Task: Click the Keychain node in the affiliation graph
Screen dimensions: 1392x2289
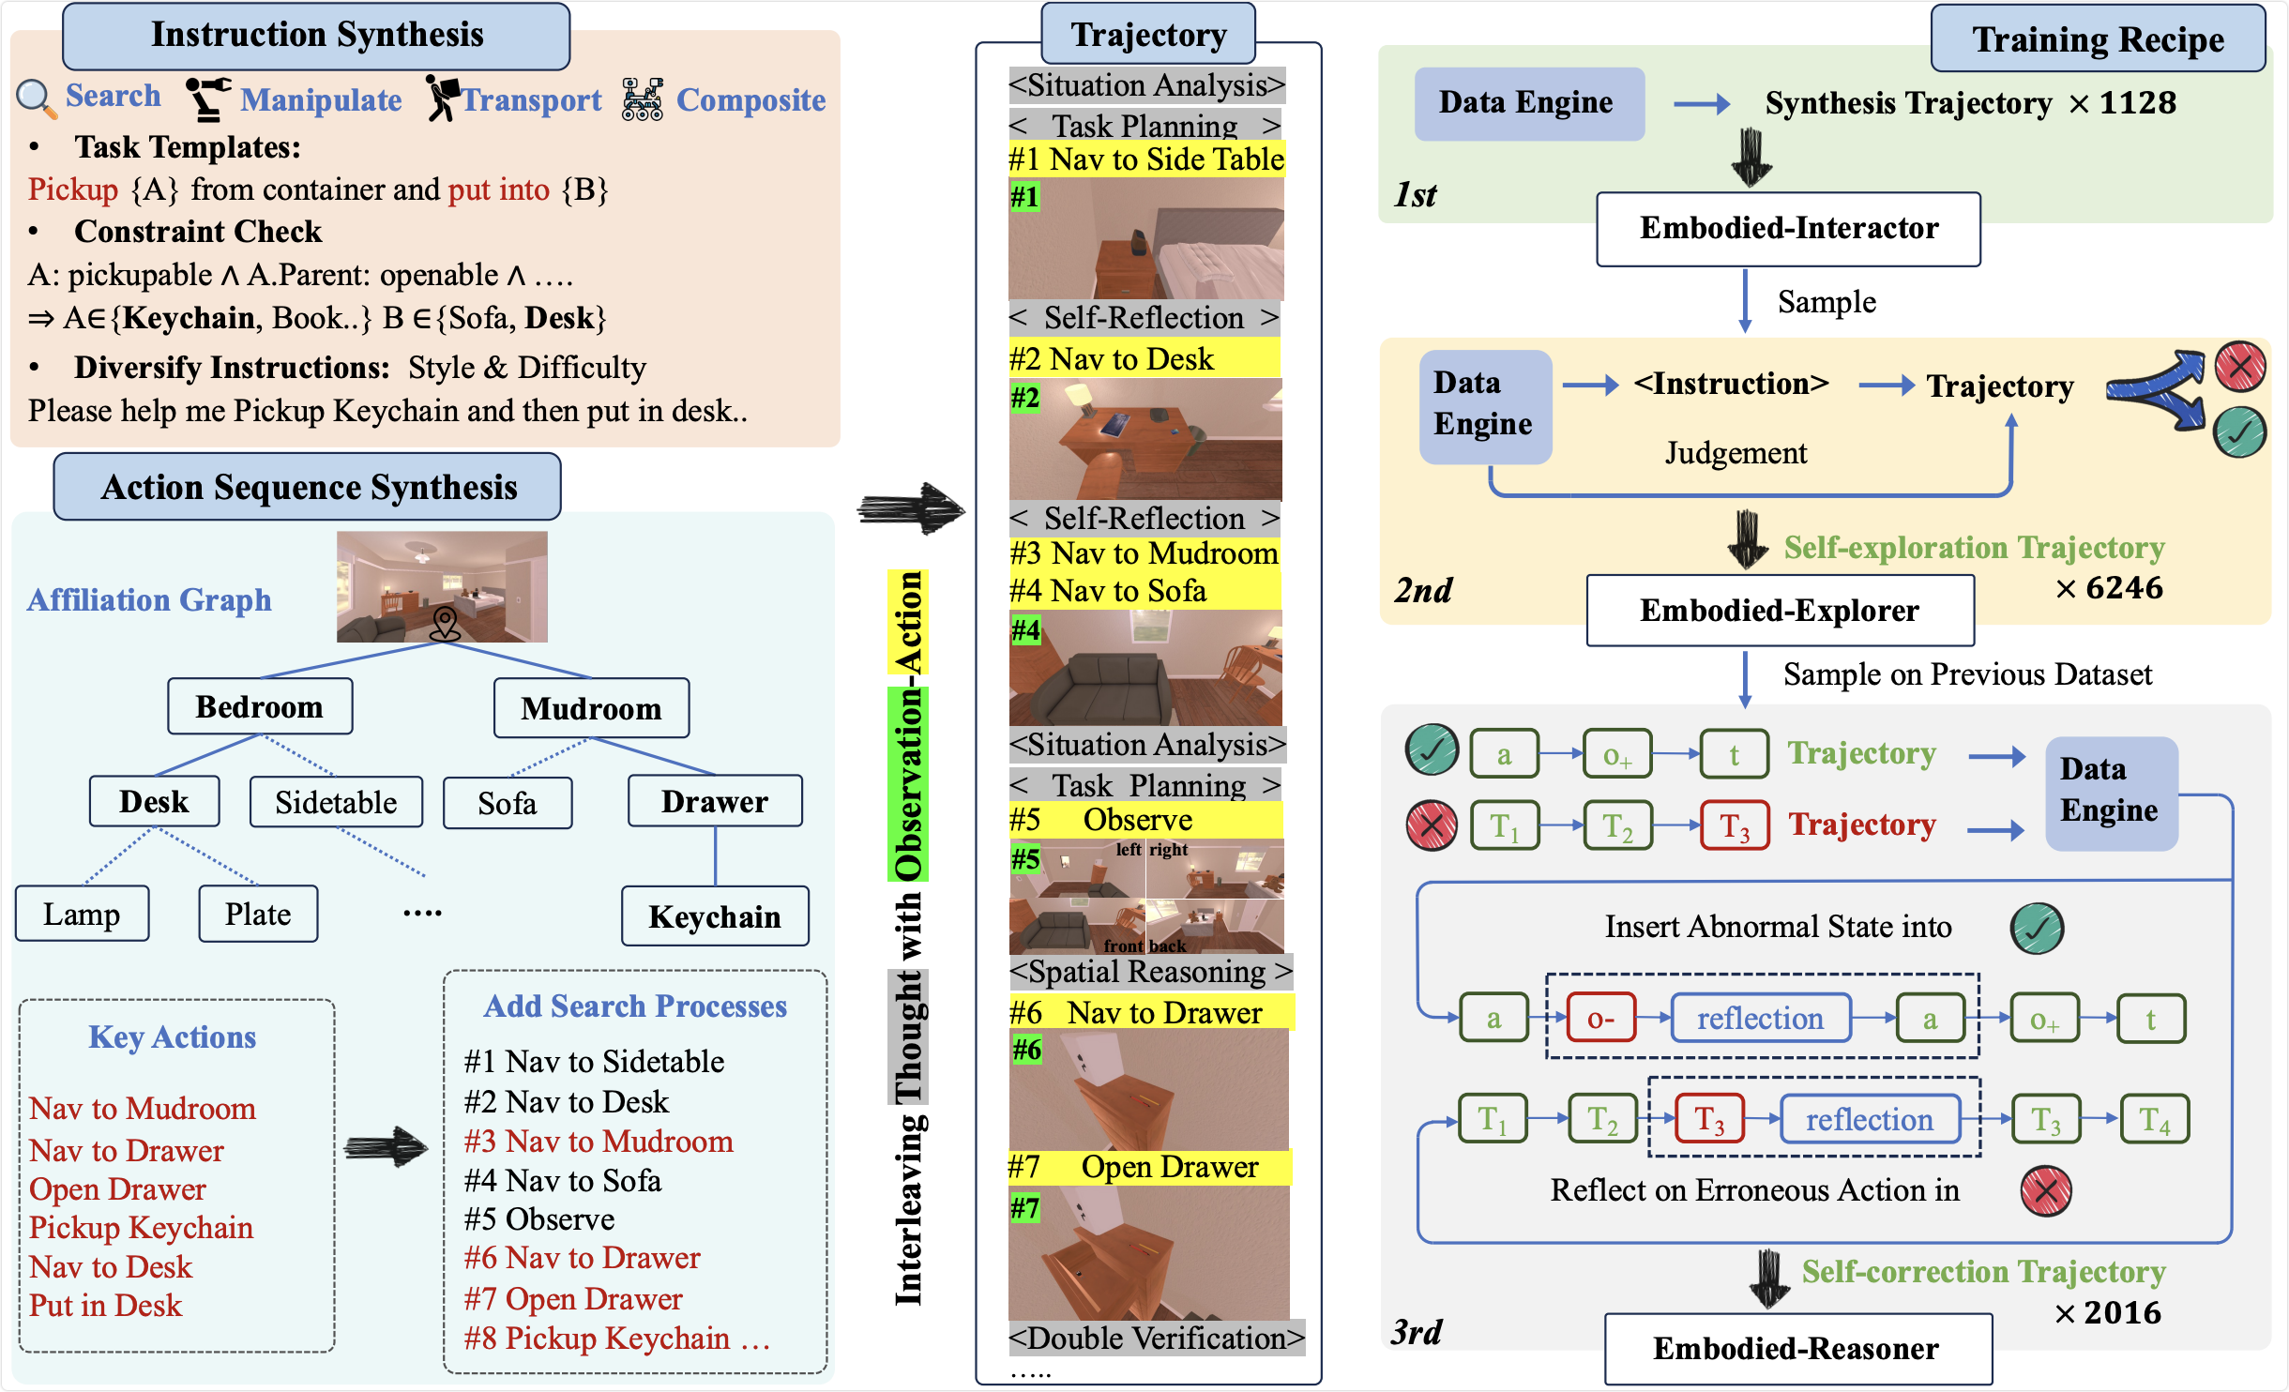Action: pos(715,916)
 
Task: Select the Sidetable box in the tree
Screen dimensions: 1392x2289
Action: pos(336,803)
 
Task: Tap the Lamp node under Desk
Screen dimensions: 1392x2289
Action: pos(82,914)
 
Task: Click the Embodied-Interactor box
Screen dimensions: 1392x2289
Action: pos(1788,229)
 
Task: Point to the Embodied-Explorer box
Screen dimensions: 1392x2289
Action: pos(1780,611)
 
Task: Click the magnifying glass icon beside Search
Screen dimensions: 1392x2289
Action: pos(36,98)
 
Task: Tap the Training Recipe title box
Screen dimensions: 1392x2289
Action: pos(2098,39)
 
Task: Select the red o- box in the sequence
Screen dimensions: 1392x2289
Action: pos(1600,1019)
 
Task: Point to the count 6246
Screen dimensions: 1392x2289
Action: pos(2124,588)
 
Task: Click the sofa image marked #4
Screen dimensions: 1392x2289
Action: pos(1145,668)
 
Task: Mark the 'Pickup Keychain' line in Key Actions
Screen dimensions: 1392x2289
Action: pos(141,1228)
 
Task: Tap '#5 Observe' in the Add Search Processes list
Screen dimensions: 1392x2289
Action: pos(539,1219)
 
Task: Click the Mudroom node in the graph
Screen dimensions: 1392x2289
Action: pos(591,708)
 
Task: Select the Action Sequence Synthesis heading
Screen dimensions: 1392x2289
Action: pos(308,487)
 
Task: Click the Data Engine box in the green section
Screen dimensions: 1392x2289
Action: pos(1528,103)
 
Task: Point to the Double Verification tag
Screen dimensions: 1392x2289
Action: pos(1156,1339)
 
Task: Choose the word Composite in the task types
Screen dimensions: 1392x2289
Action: pos(750,100)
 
